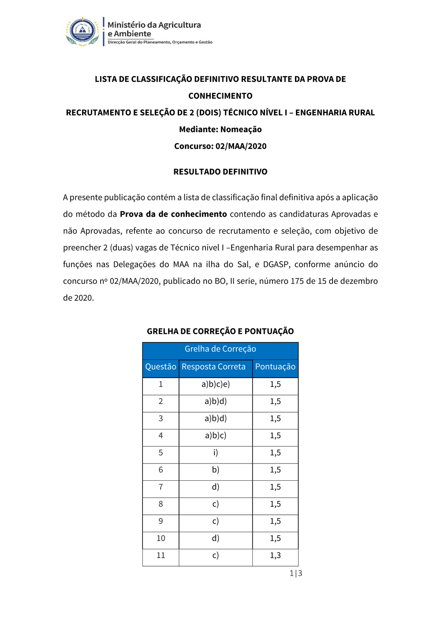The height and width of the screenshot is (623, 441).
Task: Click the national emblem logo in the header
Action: pos(82,32)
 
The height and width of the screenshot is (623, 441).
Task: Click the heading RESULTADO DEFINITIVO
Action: pos(220,172)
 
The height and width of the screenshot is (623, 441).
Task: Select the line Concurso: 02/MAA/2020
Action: pos(220,146)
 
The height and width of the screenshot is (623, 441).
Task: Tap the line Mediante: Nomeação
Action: pos(220,130)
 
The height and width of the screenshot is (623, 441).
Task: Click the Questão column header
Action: pos(161,367)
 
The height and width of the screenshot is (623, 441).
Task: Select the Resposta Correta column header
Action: pos(213,367)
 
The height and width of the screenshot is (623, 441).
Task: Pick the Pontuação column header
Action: pos(275,367)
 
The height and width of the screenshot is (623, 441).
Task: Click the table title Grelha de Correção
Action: pos(220,349)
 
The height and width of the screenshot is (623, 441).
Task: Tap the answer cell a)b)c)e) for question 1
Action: pos(216,384)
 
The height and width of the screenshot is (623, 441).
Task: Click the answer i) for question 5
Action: pos(216,452)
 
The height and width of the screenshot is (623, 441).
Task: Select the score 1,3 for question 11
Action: pos(275,555)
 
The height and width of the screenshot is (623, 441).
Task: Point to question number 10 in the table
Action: pos(161,538)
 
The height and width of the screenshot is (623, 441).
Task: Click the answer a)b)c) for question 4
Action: pos(216,435)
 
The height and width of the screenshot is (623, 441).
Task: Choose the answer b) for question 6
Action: pos(216,470)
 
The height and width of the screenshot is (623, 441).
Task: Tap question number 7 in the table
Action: pos(161,487)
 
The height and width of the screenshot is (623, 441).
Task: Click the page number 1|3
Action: pos(295,573)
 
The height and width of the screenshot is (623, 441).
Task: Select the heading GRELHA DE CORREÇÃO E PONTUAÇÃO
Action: pos(220,331)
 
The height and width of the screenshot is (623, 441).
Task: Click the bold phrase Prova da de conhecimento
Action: pos(173,214)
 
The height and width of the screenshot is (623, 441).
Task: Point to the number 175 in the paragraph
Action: pos(297,281)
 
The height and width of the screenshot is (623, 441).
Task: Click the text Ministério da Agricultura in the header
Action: pos(154,25)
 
